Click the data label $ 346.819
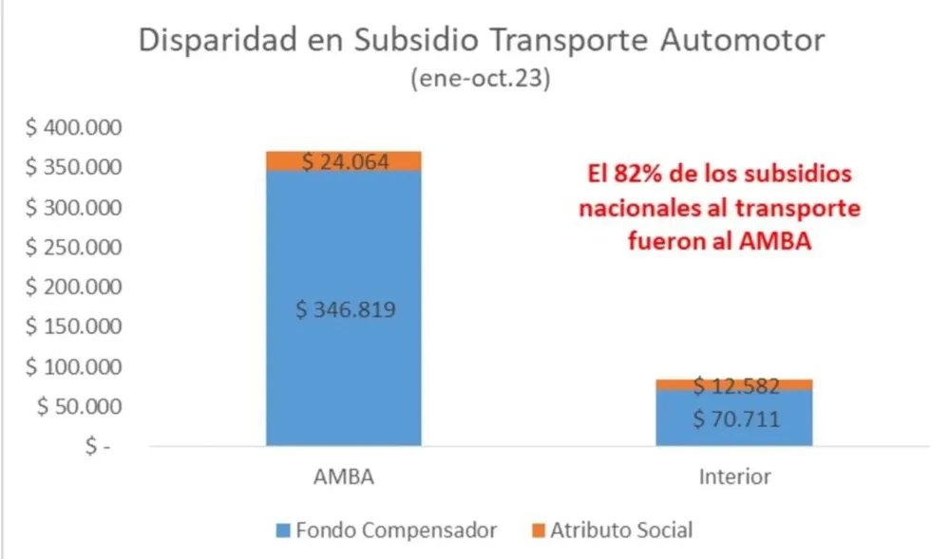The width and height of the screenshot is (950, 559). click(344, 311)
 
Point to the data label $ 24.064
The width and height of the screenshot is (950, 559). click(344, 162)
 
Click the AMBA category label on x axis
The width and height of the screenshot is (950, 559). click(343, 476)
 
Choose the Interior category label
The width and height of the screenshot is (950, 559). click(734, 476)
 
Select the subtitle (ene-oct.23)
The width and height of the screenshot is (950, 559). click(481, 80)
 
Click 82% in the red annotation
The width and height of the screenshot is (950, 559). click(634, 175)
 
